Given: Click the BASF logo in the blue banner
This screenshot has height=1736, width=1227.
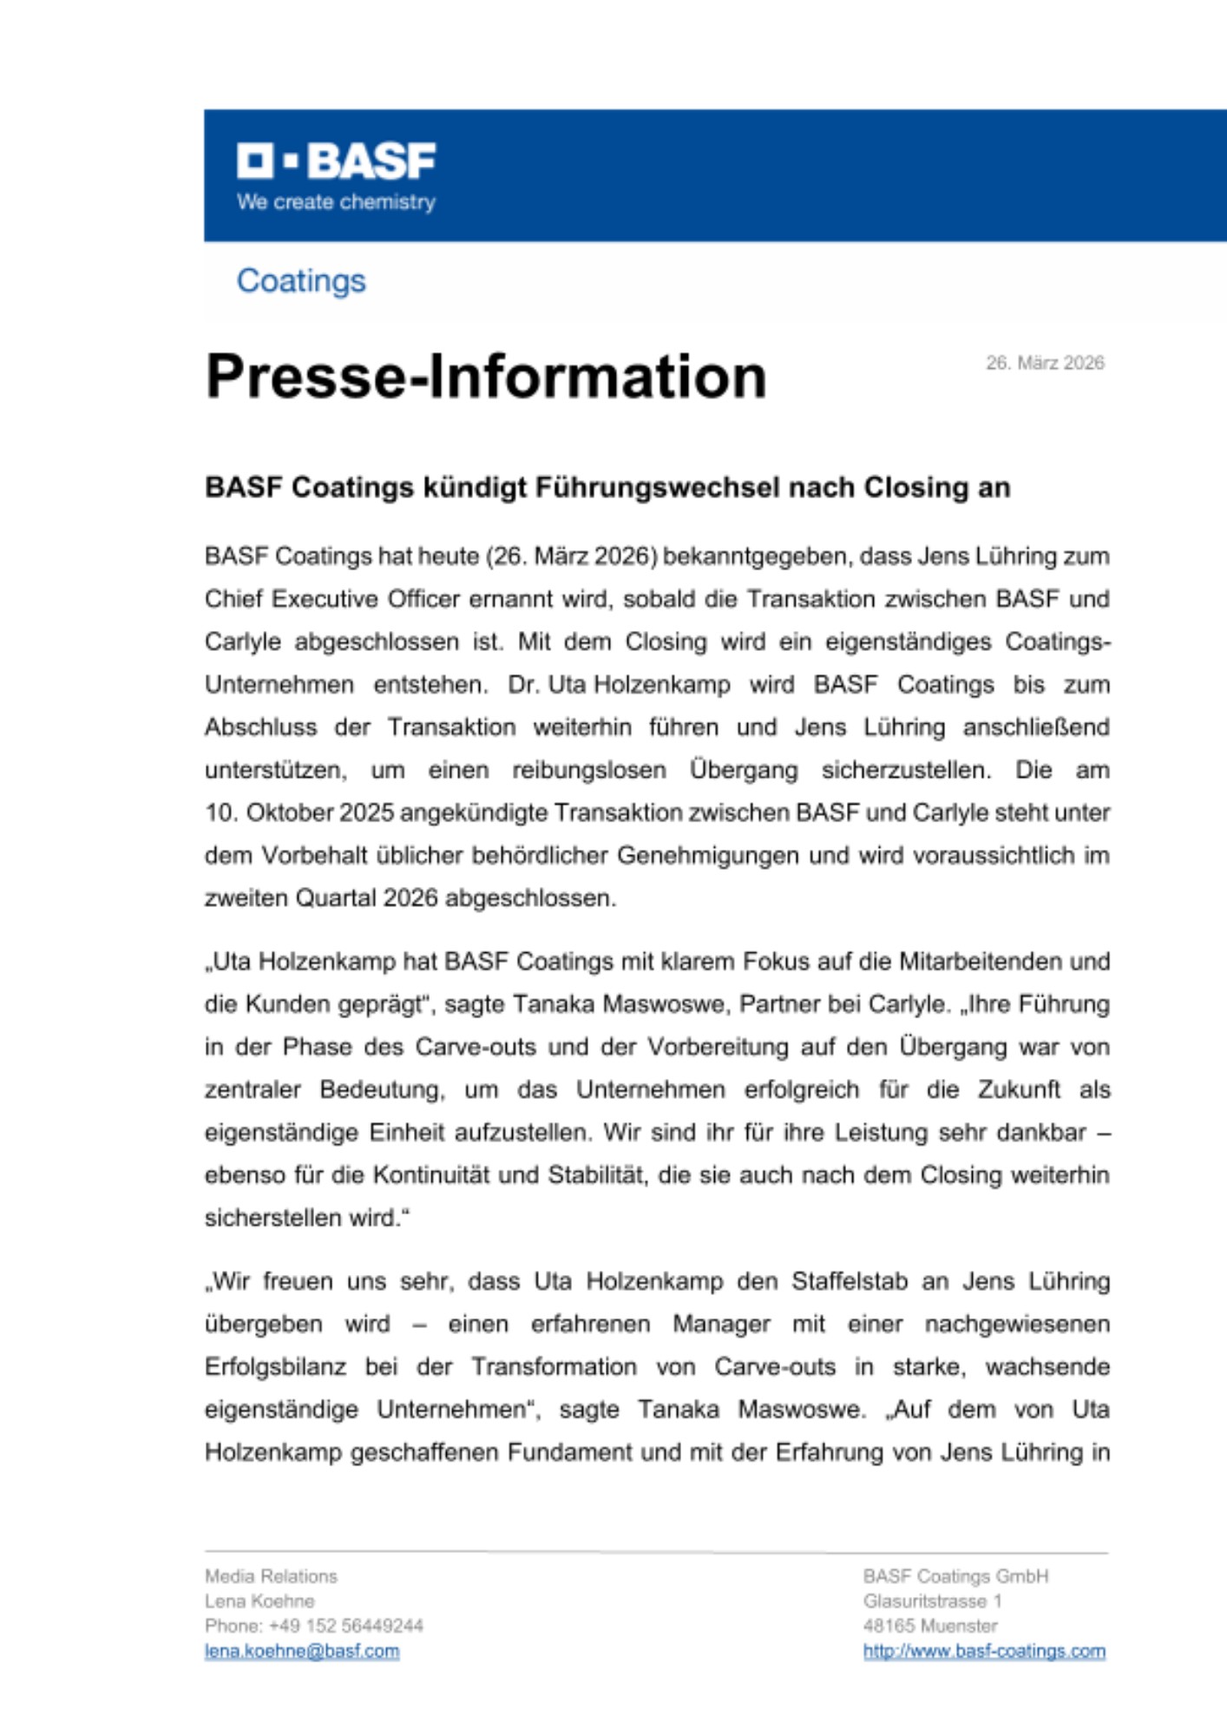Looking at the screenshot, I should pos(337,161).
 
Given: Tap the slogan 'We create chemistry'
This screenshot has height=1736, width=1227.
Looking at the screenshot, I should pos(336,202).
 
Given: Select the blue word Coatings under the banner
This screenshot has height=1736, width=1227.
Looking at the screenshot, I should pos(301,280).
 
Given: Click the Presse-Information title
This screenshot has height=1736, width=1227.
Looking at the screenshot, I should pos(486,377).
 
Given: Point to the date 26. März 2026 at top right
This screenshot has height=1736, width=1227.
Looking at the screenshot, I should pos(1045,363).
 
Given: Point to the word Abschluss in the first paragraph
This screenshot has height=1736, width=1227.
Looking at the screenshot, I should pos(260,727).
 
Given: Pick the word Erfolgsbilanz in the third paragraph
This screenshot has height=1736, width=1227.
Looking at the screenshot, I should pos(275,1367).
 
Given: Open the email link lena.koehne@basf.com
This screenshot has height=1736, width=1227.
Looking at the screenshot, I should pos(302,1651).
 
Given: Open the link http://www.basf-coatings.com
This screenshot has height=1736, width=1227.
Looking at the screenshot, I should pos(984,1651).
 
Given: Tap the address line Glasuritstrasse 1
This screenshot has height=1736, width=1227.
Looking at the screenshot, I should pos(932,1601).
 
